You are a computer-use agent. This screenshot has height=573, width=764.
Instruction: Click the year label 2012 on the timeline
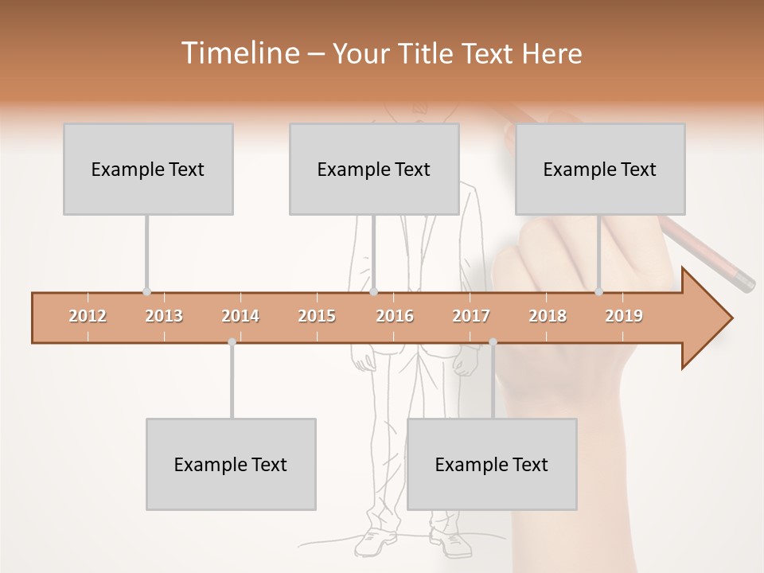(88, 316)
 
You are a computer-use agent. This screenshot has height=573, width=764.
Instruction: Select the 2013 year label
(164, 316)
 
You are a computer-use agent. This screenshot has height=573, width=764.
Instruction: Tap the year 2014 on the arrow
(240, 316)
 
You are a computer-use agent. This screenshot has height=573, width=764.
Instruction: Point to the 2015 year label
(317, 316)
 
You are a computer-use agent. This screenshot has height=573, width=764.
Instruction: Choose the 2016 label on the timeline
(395, 316)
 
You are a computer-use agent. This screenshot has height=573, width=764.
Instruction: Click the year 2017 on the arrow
(471, 316)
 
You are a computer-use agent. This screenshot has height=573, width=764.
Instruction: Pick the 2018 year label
(548, 316)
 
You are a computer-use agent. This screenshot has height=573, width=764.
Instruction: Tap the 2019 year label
(624, 316)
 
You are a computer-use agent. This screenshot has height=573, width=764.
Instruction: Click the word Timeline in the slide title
(239, 53)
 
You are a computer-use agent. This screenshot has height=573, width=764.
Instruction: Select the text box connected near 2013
(148, 169)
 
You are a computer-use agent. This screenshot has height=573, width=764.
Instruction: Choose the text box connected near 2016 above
(374, 169)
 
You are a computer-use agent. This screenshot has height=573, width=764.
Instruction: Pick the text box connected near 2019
(600, 169)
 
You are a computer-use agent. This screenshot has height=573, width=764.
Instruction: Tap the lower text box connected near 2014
(231, 464)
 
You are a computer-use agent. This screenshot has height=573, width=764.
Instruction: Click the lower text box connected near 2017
(492, 464)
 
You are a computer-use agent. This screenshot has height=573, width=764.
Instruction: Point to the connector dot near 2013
(146, 292)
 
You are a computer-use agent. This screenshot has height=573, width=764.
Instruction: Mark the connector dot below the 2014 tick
(232, 342)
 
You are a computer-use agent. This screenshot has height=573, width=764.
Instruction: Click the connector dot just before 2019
(598, 292)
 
